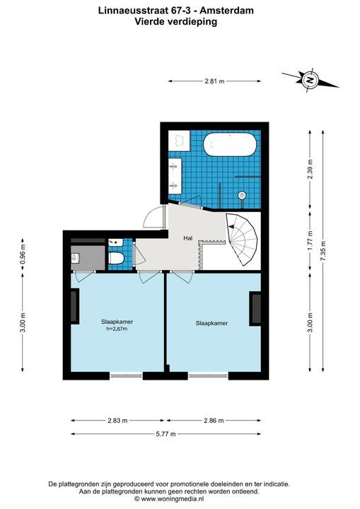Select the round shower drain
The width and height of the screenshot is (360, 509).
pyautogui.click(x=242, y=194)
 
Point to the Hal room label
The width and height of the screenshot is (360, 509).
pyautogui.click(x=188, y=238)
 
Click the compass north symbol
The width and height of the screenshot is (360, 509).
pyautogui.click(x=309, y=81)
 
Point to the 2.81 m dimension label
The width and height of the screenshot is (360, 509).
pyautogui.click(x=214, y=81)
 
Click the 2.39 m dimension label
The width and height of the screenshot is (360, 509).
pyautogui.click(x=310, y=170)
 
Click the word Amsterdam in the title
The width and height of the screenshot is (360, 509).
pyautogui.click(x=230, y=11)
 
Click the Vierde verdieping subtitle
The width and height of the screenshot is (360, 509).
pyautogui.click(x=175, y=22)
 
